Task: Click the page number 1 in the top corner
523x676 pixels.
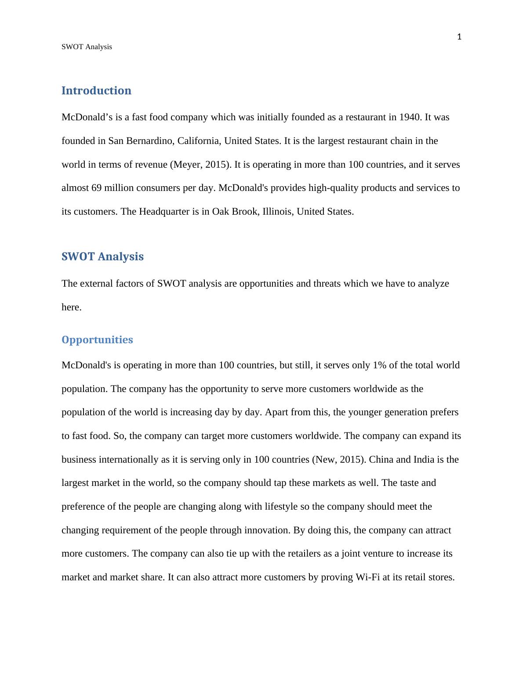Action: pyautogui.click(x=459, y=37)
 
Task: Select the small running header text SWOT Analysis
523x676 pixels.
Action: pyautogui.click(x=87, y=47)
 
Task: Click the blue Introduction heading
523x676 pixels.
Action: pyautogui.click(x=96, y=90)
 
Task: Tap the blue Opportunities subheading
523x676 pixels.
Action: pyautogui.click(x=97, y=340)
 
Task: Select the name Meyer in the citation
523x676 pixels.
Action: pyautogui.click(x=184, y=165)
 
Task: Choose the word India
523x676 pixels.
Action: pyautogui.click(x=424, y=460)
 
